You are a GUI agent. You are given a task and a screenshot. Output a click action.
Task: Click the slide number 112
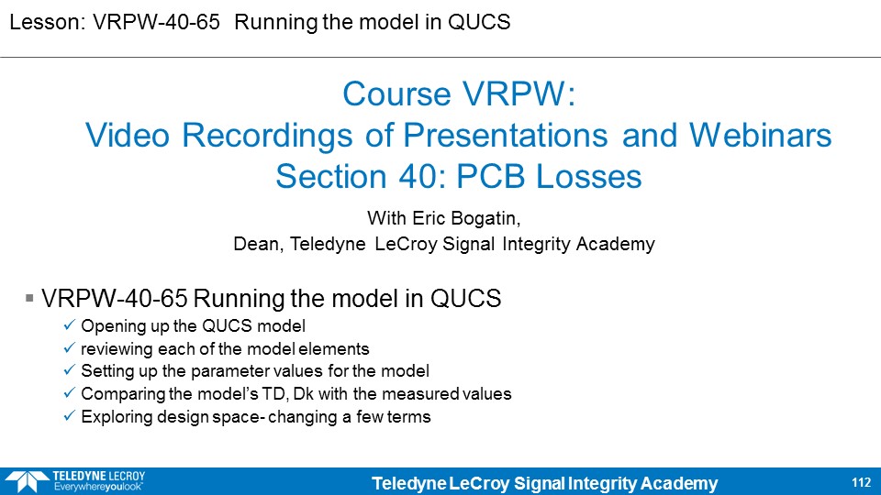(x=861, y=482)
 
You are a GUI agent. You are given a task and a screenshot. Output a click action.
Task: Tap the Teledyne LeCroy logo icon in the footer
(x=27, y=482)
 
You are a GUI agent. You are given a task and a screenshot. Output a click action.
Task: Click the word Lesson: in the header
(x=47, y=22)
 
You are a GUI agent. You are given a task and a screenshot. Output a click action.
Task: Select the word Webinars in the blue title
(x=760, y=136)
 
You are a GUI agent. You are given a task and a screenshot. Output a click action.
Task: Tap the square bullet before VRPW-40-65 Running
(x=29, y=298)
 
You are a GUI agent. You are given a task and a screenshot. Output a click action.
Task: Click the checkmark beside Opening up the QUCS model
(x=69, y=324)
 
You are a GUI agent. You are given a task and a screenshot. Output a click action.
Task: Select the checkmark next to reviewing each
(x=69, y=348)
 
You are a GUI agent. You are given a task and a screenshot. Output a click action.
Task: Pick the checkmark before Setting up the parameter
(x=69, y=369)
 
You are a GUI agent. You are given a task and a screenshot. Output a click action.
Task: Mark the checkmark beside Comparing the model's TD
(x=69, y=393)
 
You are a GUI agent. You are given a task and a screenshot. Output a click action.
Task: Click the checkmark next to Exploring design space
(x=69, y=416)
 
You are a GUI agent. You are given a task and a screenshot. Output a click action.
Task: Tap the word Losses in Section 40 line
(x=588, y=177)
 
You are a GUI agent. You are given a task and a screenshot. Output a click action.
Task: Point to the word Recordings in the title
(x=267, y=136)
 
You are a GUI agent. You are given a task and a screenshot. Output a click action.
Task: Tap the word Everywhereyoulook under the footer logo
(x=98, y=487)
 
